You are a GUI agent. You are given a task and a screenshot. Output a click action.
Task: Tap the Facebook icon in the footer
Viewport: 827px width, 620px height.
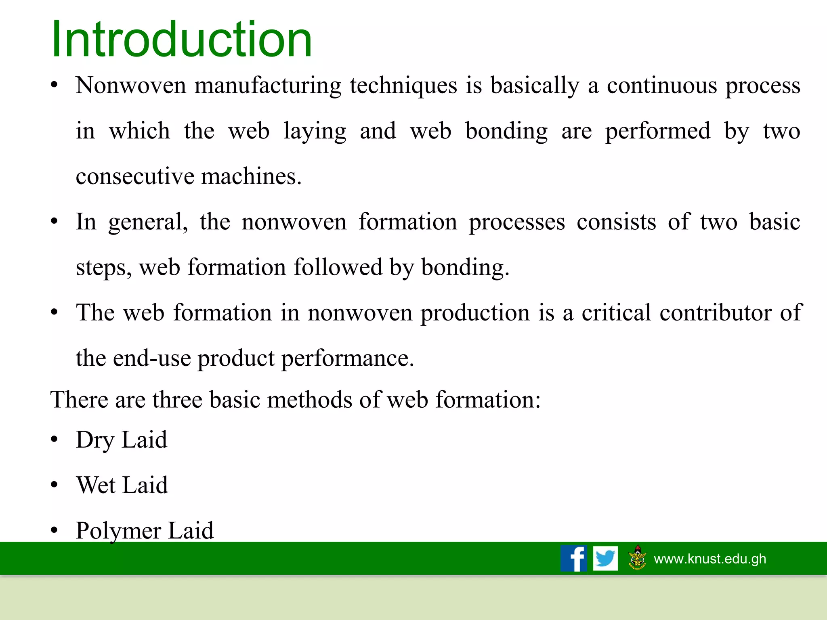click(573, 558)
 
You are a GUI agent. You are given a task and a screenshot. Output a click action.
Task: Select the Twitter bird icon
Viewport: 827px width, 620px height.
click(605, 558)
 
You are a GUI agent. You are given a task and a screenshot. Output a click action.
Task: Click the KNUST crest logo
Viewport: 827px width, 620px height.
click(638, 558)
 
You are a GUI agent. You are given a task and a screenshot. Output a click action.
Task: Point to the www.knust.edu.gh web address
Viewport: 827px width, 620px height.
click(709, 559)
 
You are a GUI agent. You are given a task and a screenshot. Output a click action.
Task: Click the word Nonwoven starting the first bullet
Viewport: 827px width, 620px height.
click(130, 86)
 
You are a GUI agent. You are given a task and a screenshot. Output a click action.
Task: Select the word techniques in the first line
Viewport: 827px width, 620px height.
click(403, 86)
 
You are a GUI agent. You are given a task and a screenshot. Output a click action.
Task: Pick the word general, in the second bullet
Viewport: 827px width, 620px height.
click(148, 222)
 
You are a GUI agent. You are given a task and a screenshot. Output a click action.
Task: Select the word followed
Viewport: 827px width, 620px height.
click(338, 268)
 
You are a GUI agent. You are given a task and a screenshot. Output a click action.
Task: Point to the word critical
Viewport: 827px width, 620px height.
click(616, 313)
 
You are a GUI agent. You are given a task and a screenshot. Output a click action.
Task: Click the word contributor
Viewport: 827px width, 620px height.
click(715, 313)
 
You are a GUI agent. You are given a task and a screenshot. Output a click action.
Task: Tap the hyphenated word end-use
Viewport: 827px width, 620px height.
click(152, 358)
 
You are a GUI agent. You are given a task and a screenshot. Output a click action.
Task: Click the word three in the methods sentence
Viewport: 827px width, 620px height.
click(177, 400)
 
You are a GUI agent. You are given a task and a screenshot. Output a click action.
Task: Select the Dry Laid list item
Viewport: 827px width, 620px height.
click(121, 440)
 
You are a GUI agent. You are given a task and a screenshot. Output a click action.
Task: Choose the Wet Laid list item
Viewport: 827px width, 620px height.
click(122, 485)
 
